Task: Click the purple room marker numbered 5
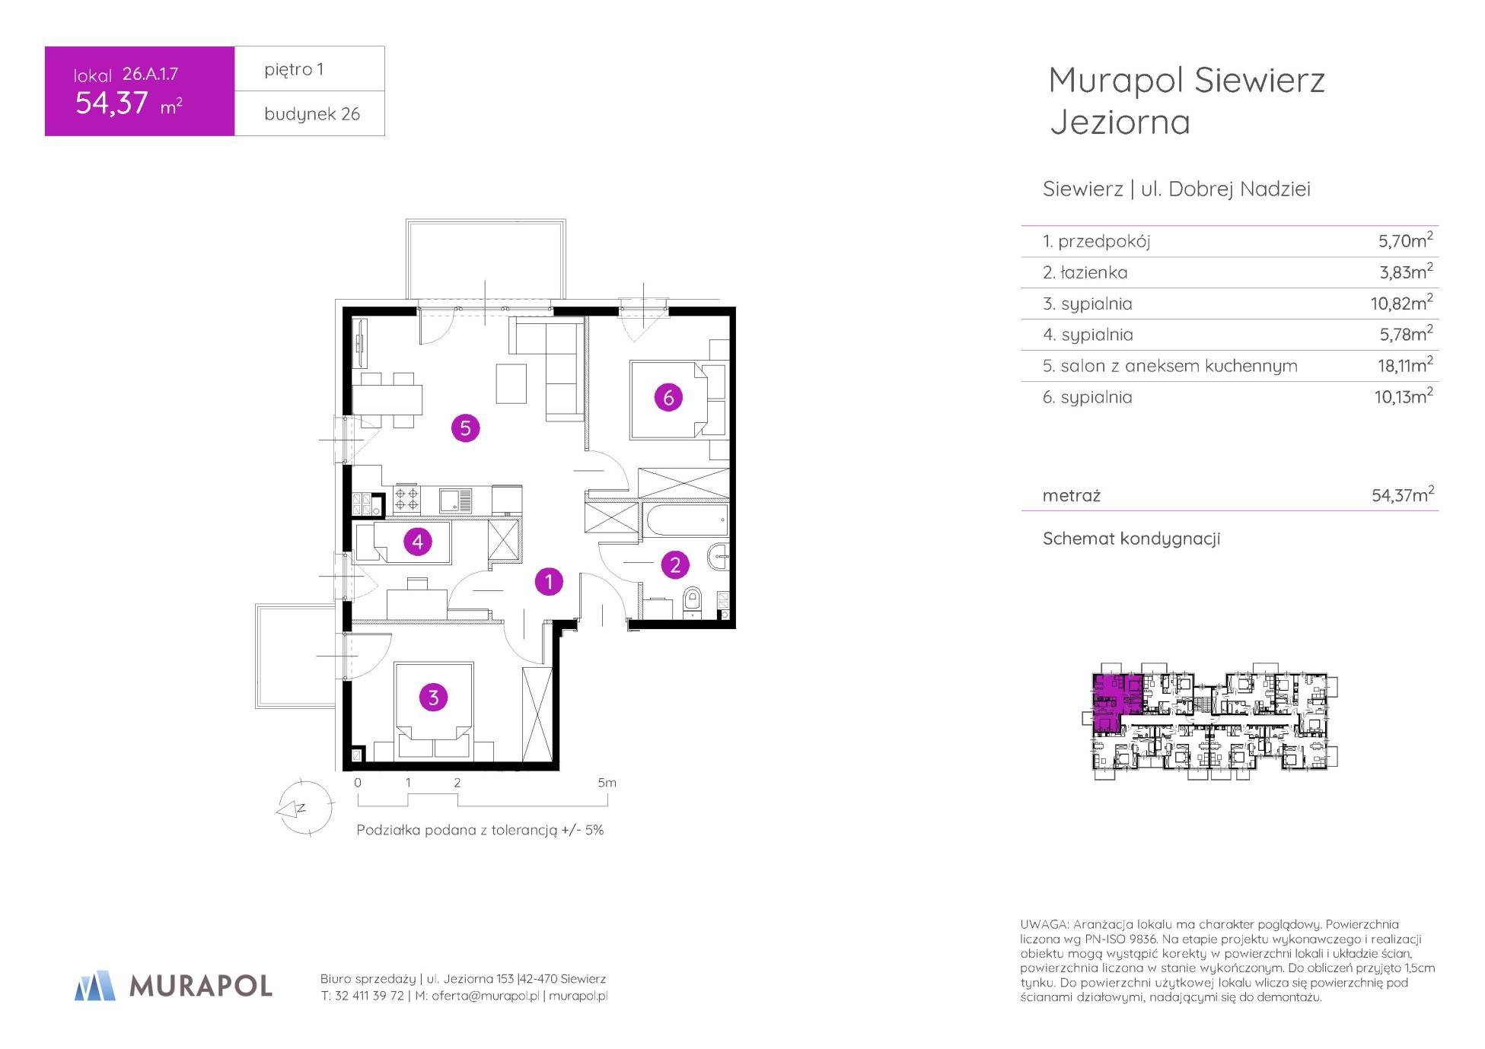click(465, 428)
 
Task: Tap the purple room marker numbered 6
click(668, 396)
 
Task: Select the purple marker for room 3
click(433, 698)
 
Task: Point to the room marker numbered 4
click(417, 542)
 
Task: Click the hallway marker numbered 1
click(549, 582)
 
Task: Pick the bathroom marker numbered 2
click(675, 564)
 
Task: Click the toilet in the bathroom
click(692, 599)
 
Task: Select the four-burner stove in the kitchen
click(406, 498)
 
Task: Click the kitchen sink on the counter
click(455, 500)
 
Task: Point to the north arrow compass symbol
click(304, 808)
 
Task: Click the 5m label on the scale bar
click(607, 782)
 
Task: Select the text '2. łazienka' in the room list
click(1085, 272)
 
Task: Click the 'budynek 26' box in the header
click(310, 114)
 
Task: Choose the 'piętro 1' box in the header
click(310, 69)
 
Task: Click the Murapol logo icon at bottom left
click(95, 985)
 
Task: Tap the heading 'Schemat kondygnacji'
click(1131, 539)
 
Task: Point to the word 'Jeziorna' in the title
click(1120, 122)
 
